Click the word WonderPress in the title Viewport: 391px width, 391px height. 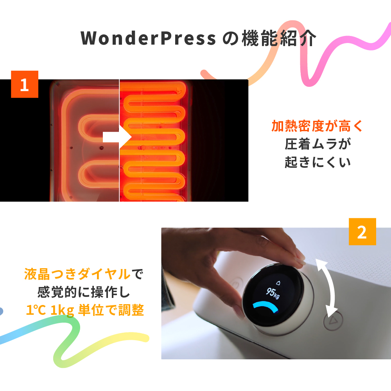click(148, 38)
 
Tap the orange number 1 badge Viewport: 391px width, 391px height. click(25, 84)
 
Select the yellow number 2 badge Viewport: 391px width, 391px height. click(362, 231)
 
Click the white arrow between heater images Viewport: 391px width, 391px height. click(117, 137)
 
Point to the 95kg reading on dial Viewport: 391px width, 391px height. click(273, 292)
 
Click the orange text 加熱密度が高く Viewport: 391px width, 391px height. click(317, 126)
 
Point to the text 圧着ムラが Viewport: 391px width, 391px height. click(317, 144)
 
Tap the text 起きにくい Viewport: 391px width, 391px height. click(317, 162)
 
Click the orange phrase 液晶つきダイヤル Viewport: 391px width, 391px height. click(77, 274)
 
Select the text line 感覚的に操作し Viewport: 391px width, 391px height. click(84, 292)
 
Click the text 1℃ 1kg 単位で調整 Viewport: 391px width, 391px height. click(85, 310)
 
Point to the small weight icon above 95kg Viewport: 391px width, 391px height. click(278, 283)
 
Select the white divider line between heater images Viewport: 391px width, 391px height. click(119, 140)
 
